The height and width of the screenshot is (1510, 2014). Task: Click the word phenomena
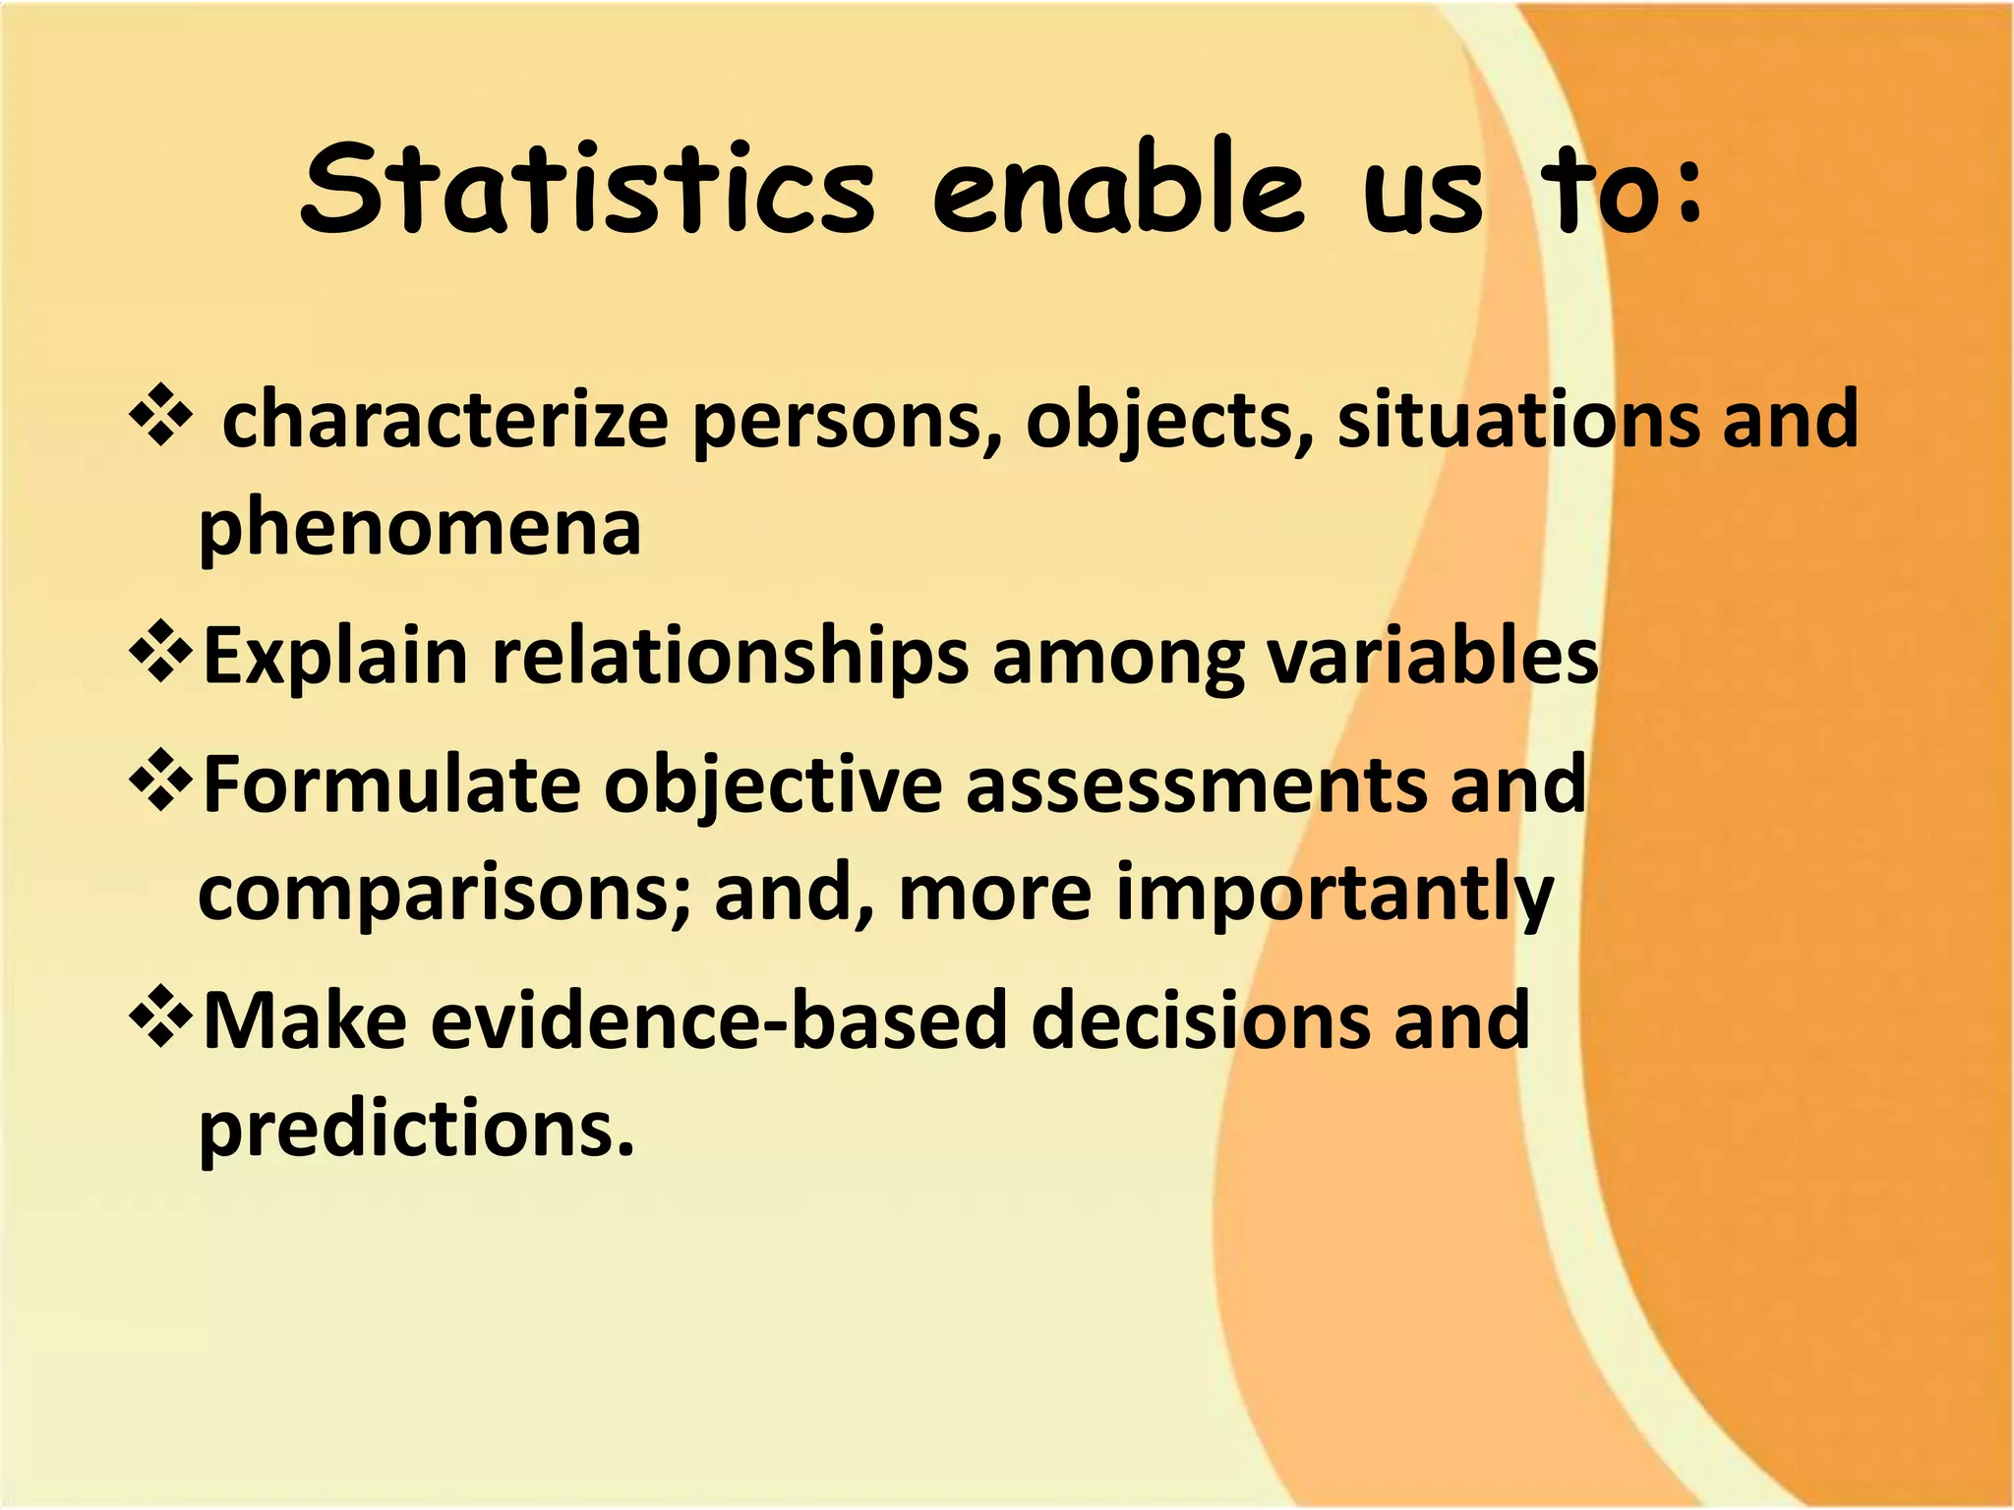pyautogui.click(x=420, y=529)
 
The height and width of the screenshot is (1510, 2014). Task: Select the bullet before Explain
pyautogui.click(x=159, y=655)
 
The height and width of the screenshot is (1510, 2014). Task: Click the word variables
pyautogui.click(x=1432, y=657)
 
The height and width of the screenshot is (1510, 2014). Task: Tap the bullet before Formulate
pyautogui.click(x=159, y=783)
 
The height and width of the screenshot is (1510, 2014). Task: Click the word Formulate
pyautogui.click(x=391, y=784)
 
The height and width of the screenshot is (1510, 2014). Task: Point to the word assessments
pyautogui.click(x=1196, y=784)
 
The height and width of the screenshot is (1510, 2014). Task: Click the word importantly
pyautogui.click(x=1333, y=895)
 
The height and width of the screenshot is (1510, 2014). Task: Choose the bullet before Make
pyautogui.click(x=159, y=1018)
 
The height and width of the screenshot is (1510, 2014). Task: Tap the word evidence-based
pyautogui.click(x=719, y=1020)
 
